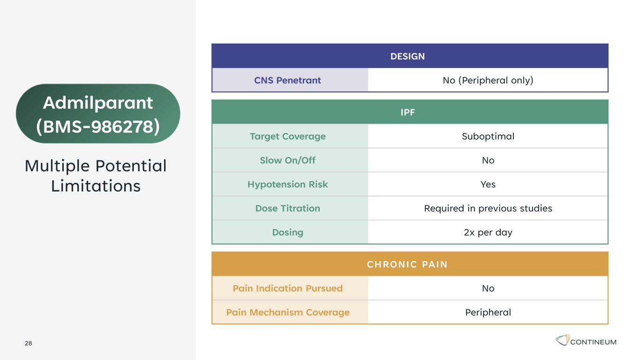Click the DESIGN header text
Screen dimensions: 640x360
point(407,56)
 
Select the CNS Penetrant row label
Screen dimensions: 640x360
point(287,80)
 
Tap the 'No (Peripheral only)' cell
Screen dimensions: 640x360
point(488,80)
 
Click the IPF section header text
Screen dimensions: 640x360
point(407,112)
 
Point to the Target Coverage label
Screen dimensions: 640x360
point(288,136)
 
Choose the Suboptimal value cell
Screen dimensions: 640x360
point(488,136)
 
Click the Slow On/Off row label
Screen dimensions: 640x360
point(288,160)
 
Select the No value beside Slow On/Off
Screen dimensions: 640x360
point(488,160)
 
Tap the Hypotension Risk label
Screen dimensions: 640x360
point(288,184)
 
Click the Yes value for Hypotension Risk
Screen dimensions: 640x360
point(488,184)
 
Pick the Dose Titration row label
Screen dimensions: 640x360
point(288,208)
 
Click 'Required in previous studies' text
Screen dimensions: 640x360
point(488,208)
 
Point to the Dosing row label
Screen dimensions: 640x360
point(288,232)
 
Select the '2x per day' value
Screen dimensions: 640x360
point(488,232)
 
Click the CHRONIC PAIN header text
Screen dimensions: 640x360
point(407,264)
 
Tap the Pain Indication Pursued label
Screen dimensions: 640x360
point(288,288)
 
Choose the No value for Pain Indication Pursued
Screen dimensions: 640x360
point(488,288)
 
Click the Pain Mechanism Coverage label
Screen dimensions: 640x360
point(288,312)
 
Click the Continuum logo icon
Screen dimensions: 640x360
point(563,340)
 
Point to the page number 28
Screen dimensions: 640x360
point(28,343)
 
